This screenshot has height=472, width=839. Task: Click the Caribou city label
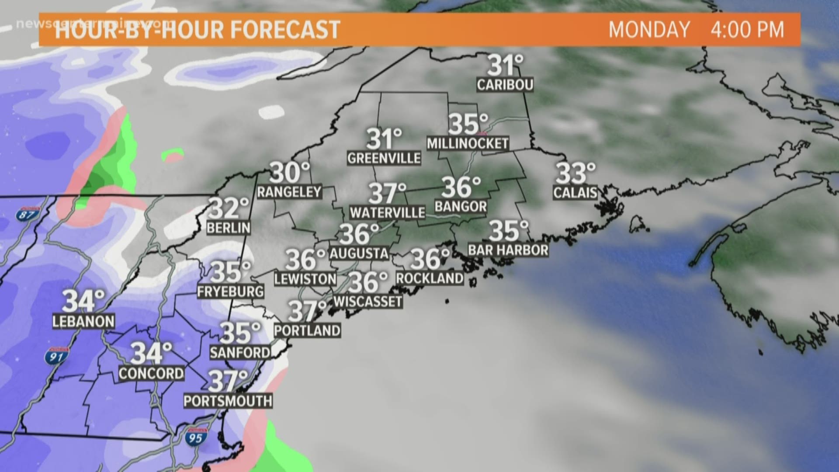point(505,84)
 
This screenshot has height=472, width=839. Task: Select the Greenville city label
point(384,158)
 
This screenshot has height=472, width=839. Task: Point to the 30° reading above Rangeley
point(289,172)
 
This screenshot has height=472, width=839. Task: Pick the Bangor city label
point(461,206)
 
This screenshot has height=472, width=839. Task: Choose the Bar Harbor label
point(508,250)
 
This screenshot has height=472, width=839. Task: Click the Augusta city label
point(359,253)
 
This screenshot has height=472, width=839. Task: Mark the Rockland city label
point(430,278)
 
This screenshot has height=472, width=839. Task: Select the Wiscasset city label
point(367,301)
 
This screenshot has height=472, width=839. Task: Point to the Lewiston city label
point(305,279)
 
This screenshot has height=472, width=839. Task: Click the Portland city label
point(307,330)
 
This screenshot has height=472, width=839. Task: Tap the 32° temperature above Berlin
point(229,208)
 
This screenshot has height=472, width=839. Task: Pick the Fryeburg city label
point(230,292)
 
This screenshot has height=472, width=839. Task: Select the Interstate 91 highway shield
point(56,356)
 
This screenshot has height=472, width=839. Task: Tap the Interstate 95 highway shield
point(195,437)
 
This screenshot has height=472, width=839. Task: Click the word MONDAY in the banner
point(649,29)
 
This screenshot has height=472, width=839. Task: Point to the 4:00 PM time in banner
point(747,29)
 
